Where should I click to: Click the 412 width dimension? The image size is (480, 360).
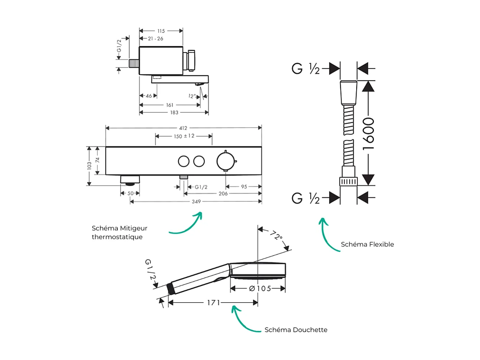[183, 128]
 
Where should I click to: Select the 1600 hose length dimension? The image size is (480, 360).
[368, 134]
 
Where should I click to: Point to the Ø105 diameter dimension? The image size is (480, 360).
[260, 288]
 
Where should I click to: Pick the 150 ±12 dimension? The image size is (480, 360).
[184, 136]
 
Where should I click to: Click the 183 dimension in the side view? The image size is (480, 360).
[174, 113]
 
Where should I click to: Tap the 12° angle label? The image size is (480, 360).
[192, 96]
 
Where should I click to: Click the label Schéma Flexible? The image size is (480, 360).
[367, 244]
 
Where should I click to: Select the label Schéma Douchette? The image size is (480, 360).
[296, 330]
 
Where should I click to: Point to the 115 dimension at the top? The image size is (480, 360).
[161, 31]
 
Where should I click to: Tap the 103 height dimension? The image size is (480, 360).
[90, 166]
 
